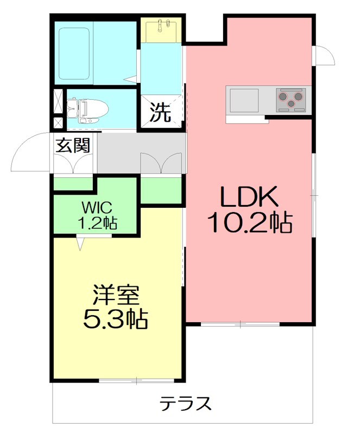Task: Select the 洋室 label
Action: point(115,296)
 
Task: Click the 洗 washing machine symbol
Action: point(160,112)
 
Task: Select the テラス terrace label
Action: point(185,404)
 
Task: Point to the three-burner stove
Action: point(290,99)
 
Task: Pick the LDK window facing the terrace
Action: point(239,324)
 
